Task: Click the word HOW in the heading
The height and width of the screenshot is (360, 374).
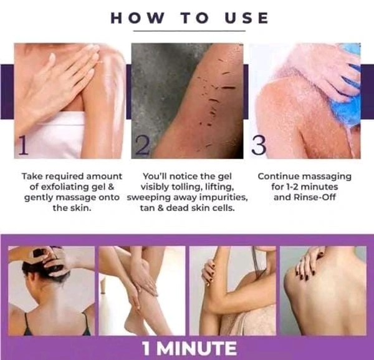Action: pyautogui.click(x=138, y=18)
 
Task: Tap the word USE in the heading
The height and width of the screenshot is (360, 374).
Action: pyautogui.click(x=247, y=18)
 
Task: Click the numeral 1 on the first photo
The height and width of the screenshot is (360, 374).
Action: pyautogui.click(x=23, y=145)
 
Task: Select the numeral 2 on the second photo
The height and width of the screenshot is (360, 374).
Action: pyautogui.click(x=142, y=145)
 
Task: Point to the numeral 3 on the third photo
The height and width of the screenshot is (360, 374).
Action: pyautogui.click(x=259, y=145)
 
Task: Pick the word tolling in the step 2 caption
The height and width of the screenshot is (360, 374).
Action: pyautogui.click(x=184, y=187)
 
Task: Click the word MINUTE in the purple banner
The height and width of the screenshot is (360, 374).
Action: pyautogui.click(x=197, y=348)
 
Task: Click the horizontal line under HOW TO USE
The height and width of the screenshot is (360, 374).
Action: pyautogui.click(x=189, y=31)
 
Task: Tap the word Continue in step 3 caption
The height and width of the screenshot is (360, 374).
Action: pyautogui.click(x=277, y=177)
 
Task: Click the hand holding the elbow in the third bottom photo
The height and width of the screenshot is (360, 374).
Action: pyautogui.click(x=210, y=271)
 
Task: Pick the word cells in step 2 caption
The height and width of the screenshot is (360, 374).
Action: pyautogui.click(x=224, y=208)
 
